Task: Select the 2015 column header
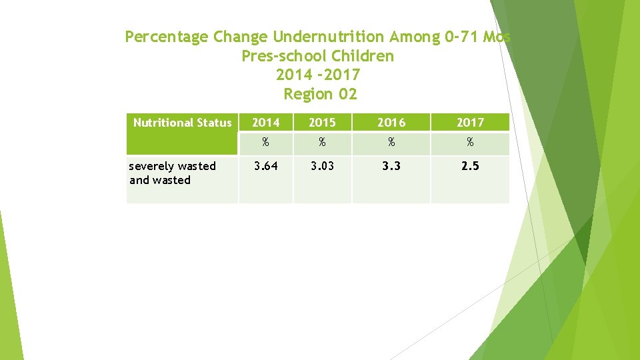322,123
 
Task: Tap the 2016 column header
391,123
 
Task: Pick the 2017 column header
470,123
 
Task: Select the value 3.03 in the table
322,166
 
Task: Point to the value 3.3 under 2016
391,166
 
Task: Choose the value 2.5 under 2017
470,166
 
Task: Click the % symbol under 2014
265,143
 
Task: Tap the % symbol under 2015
322,143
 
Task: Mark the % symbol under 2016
391,143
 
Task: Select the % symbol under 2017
470,143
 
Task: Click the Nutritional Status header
182,123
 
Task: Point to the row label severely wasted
172,166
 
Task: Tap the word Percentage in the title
167,37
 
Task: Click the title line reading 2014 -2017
318,75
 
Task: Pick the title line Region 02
320,94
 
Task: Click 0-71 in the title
462,37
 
